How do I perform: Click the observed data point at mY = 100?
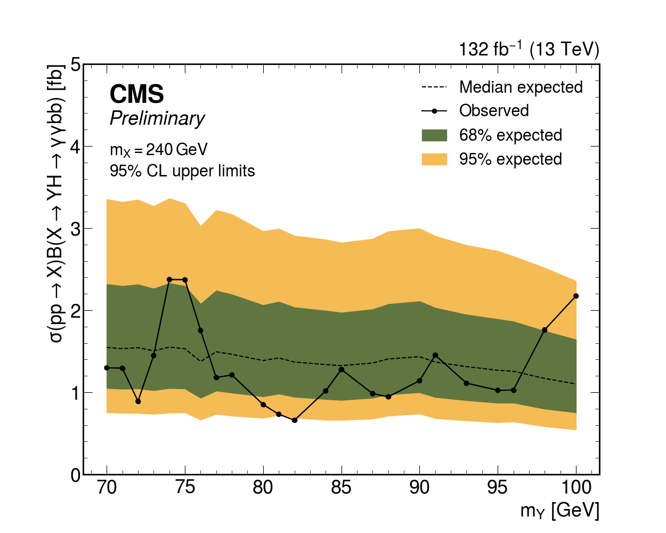tap(576, 296)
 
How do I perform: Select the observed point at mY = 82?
tap(295, 420)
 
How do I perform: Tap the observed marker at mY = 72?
tap(138, 401)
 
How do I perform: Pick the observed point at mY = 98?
tap(545, 330)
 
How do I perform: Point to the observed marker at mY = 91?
tap(435, 355)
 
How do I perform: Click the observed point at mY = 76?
tap(201, 330)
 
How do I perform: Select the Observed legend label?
tap(494, 111)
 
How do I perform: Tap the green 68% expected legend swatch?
tap(434, 135)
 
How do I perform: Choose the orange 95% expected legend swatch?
tap(434, 159)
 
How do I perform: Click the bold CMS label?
tap(137, 94)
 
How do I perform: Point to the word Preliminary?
tap(157, 118)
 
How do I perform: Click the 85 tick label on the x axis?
tap(342, 488)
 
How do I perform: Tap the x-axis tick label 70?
tap(107, 488)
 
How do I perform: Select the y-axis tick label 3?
tap(75, 228)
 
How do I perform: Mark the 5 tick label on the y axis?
tap(75, 64)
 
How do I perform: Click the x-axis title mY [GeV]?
tap(559, 511)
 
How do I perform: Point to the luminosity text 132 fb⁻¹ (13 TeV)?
tap(529, 50)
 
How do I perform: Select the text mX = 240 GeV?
tap(158, 150)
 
